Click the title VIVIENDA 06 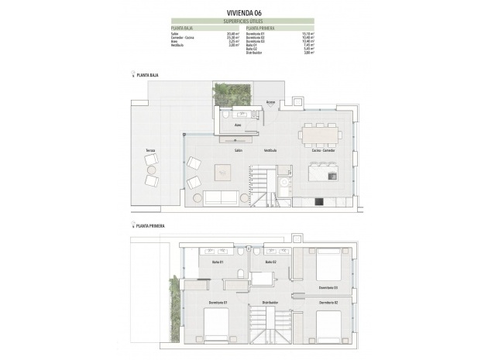243,12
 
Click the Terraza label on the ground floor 139,150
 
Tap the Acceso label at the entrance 271,101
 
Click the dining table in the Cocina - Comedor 320,135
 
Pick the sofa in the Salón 221,197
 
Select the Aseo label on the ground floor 239,123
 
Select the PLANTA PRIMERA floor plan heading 149,226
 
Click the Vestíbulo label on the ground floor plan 270,150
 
